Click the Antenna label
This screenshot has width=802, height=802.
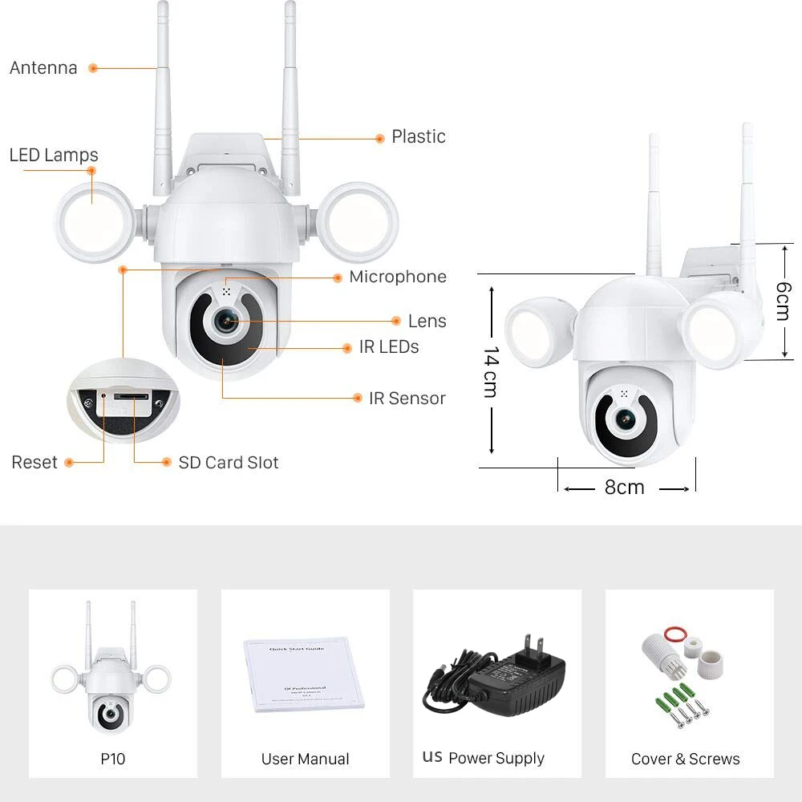click(43, 68)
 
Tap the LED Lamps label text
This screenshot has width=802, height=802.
click(54, 155)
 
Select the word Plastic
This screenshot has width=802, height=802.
click(419, 137)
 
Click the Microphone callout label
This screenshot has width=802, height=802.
click(398, 277)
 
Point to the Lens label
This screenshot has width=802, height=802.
click(427, 321)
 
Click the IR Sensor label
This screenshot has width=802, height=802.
click(407, 398)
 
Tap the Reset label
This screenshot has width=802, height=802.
click(34, 462)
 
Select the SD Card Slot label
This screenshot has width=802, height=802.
click(229, 462)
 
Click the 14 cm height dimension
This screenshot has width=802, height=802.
click(491, 371)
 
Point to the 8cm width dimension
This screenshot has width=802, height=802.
click(625, 487)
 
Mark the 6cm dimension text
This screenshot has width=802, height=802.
click(783, 300)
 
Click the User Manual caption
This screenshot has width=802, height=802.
click(305, 759)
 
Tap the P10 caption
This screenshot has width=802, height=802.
click(113, 759)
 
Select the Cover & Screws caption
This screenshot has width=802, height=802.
click(686, 759)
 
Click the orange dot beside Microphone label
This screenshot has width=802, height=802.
click(338, 277)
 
